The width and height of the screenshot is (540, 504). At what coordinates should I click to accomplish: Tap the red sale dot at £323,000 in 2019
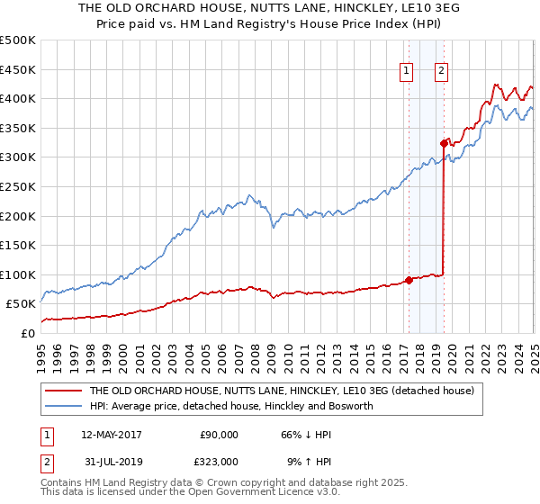[444, 143]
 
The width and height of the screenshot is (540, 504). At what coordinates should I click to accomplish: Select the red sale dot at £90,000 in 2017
[409, 280]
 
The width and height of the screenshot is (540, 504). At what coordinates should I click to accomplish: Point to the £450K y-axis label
[18, 69]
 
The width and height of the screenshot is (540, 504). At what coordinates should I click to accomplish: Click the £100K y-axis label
[18, 274]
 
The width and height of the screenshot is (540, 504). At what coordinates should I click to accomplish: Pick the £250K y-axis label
[18, 186]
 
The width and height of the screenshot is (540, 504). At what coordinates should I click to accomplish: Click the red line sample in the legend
[63, 391]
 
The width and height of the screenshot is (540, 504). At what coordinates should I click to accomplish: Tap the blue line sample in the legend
[63, 406]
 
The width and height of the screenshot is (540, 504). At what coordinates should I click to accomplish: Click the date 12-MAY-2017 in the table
[112, 434]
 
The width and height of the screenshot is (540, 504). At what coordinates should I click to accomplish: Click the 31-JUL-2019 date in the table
[111, 461]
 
